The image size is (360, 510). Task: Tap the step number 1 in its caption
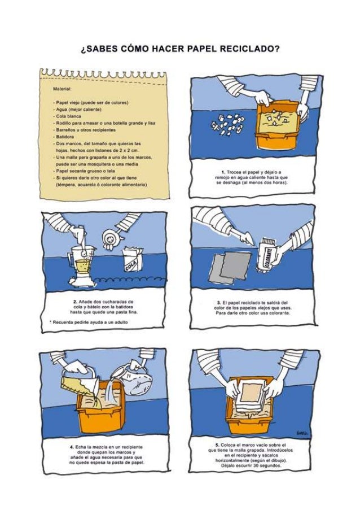pos(223,171)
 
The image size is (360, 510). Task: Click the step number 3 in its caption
pos(217,302)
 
